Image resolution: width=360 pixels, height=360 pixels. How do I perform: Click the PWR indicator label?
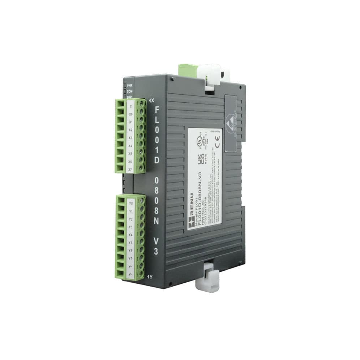coord(129,85)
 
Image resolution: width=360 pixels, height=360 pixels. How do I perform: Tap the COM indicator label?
coord(129,91)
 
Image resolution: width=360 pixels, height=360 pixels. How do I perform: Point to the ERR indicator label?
coord(129,96)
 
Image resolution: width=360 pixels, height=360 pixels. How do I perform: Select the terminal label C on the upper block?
coord(130,106)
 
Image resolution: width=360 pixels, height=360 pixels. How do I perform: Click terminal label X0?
coord(130,114)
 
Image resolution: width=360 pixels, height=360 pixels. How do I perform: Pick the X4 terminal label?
coord(130,146)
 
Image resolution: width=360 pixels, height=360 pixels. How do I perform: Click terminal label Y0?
coord(130,203)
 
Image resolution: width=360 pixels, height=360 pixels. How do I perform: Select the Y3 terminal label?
coord(130,227)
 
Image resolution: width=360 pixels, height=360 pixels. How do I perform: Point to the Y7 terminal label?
coord(130,258)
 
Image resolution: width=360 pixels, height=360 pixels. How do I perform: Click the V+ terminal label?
coord(130,266)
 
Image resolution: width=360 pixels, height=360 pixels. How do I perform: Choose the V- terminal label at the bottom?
coord(130,274)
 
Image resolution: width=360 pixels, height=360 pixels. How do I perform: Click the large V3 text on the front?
coord(155,246)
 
